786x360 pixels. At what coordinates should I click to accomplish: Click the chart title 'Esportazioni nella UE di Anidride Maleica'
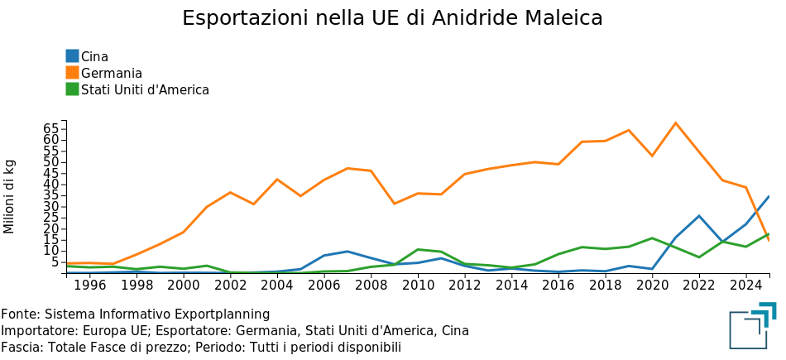pos(392,18)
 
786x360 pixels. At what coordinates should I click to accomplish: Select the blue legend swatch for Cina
pos(73,56)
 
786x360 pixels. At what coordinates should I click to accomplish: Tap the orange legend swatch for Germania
pos(73,73)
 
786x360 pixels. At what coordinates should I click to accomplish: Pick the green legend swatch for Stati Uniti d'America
pos(73,89)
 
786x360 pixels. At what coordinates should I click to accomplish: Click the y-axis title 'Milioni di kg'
pos(10,196)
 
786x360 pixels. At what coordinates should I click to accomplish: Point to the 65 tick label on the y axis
pos(50,128)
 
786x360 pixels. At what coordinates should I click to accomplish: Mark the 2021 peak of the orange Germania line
pos(676,123)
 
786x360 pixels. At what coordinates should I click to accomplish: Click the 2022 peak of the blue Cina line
pos(699,216)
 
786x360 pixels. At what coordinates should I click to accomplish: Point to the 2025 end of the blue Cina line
pos(769,197)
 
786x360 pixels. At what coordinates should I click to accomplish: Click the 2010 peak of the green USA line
pos(419,249)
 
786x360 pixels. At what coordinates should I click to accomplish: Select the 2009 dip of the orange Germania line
pos(395,204)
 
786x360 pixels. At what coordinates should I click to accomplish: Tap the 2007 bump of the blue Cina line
pos(348,251)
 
